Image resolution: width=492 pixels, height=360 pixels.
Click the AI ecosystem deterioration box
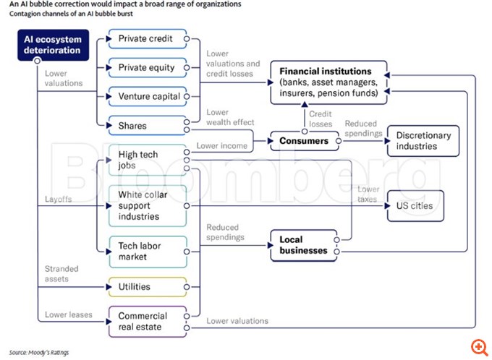tap(53, 44)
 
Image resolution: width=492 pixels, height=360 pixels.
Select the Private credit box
tap(146, 39)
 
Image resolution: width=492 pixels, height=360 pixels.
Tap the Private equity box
tap(146, 68)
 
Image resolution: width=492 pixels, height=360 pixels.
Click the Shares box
tap(146, 126)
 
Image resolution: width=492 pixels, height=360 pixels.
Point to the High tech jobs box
tap(146, 158)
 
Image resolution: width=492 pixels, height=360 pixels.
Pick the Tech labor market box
tap(146, 251)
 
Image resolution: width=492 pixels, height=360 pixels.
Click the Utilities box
tap(146, 287)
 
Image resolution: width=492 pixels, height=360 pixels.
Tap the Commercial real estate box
tap(146, 321)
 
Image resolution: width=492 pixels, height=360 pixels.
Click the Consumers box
tap(304, 140)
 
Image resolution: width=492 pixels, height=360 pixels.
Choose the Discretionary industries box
tap(423, 140)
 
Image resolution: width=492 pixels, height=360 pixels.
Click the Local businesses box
tap(304, 245)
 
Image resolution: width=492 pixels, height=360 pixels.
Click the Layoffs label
tap(57, 199)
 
